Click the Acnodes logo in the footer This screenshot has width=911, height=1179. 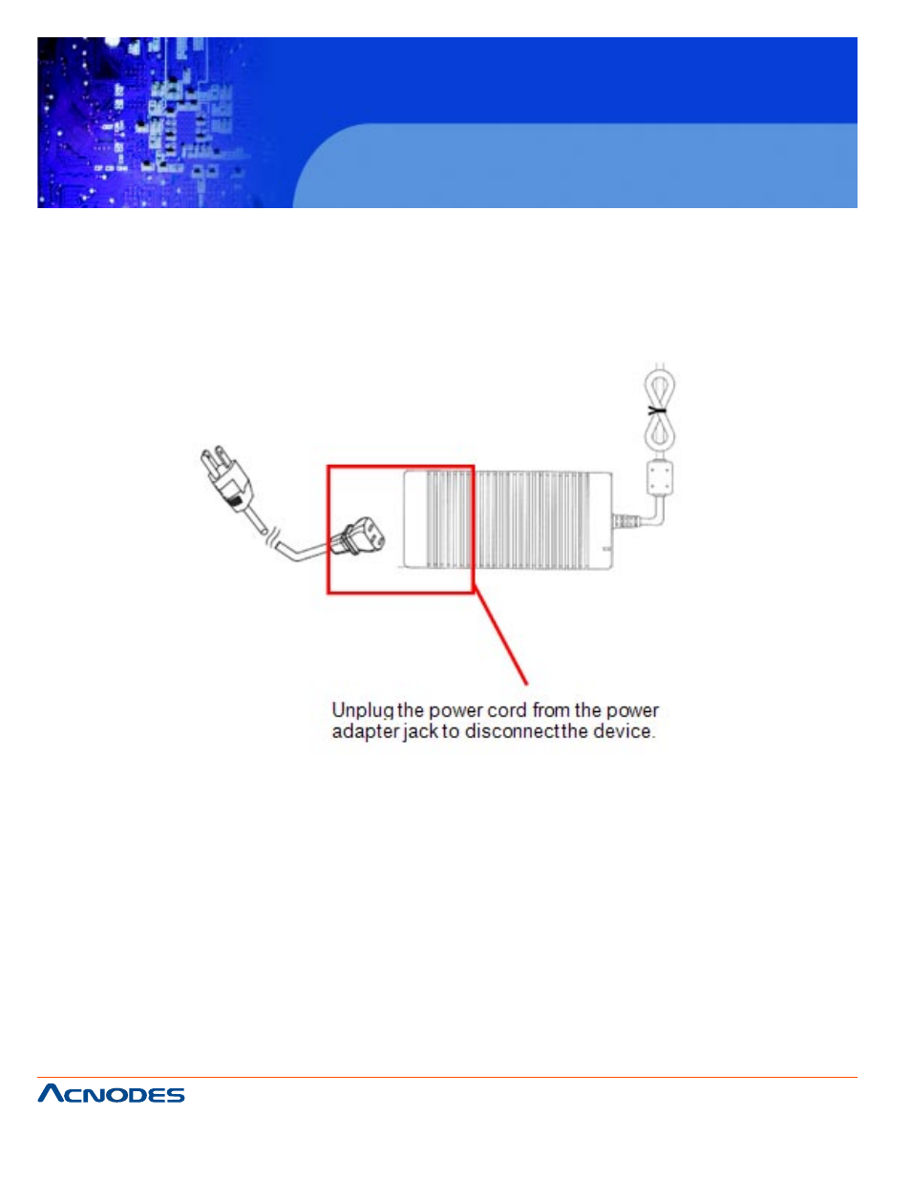(111, 1094)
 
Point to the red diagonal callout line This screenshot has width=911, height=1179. (500, 636)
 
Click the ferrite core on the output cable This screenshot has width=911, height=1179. (659, 476)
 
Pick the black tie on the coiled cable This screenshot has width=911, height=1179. (658, 411)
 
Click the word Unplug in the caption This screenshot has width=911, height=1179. (363, 711)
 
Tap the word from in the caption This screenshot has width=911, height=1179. (551, 710)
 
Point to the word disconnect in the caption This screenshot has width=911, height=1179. (512, 732)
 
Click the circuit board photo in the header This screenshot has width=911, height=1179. (143, 122)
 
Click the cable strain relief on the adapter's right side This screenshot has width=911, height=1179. (625, 522)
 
